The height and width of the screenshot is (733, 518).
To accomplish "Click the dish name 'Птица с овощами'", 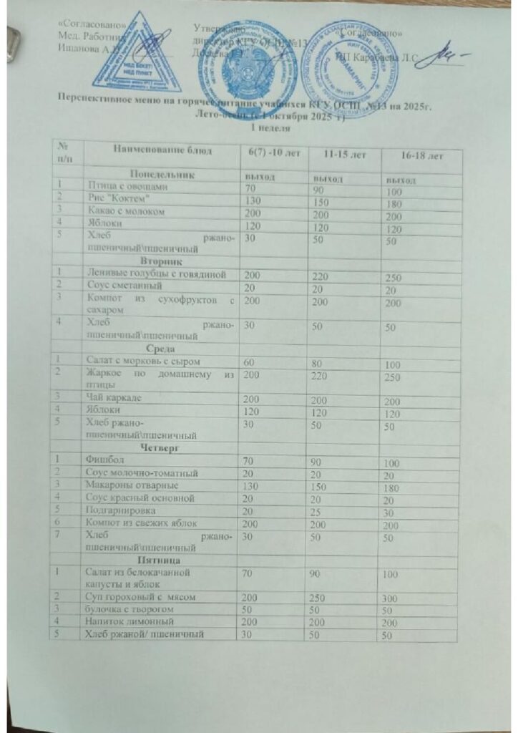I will pyautogui.click(x=126, y=186).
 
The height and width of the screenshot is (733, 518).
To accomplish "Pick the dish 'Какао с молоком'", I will pyautogui.click(x=125, y=212).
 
